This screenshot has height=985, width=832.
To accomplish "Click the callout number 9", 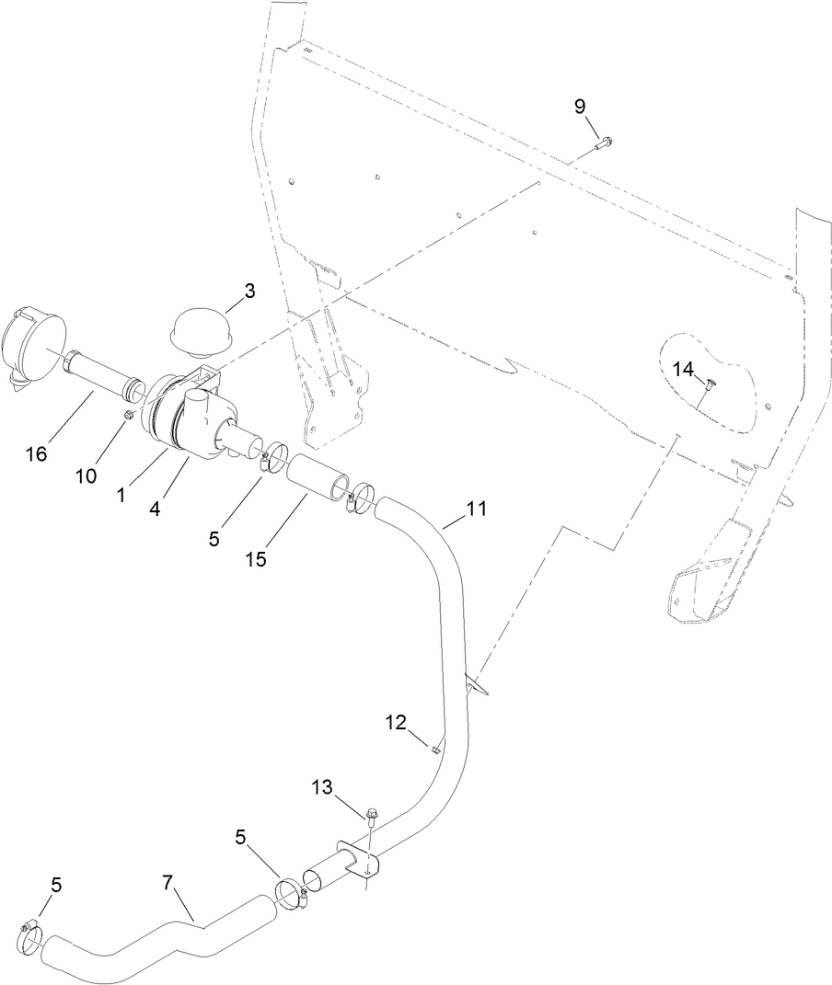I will tap(580, 107).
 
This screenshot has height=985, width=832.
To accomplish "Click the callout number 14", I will tap(684, 369).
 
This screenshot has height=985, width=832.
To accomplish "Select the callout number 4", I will tap(154, 507).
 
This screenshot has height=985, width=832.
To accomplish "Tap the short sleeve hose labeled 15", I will tap(318, 482).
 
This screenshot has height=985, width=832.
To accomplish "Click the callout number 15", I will tap(256, 558).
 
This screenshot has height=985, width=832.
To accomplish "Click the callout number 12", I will tap(397, 725).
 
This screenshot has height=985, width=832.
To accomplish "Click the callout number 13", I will tap(322, 787).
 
